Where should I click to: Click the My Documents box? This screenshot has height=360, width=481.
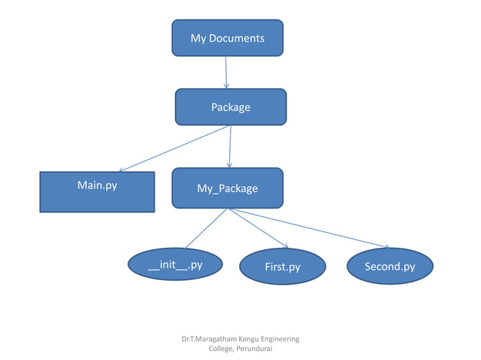227,38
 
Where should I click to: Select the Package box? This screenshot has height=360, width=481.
231,107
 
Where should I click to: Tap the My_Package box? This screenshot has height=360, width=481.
227,188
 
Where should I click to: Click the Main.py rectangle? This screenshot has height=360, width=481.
97,193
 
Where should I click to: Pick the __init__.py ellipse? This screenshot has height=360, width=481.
175,264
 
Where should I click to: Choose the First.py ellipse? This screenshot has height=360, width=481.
283,267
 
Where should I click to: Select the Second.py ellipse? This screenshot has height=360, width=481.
390,267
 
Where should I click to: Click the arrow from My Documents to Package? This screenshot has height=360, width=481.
226,72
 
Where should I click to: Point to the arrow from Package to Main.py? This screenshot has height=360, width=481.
173,148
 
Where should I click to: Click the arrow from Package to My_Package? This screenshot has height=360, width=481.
230,146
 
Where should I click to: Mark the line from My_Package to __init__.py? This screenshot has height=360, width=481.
206,228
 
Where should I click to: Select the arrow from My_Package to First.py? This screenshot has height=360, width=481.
258,228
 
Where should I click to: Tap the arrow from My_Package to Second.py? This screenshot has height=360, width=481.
309,228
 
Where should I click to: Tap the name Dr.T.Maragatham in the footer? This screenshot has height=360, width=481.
201,339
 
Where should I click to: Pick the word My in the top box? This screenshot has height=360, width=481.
198,38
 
